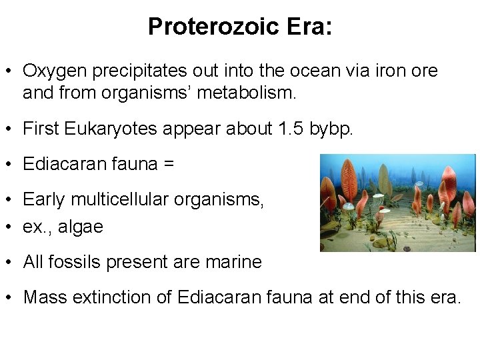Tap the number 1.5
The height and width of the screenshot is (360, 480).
290,129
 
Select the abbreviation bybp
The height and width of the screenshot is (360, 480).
329,129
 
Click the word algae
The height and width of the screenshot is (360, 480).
81,227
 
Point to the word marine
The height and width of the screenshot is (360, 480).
233,262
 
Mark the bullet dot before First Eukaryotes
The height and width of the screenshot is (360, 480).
10,129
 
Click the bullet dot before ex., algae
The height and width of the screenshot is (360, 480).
10,227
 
